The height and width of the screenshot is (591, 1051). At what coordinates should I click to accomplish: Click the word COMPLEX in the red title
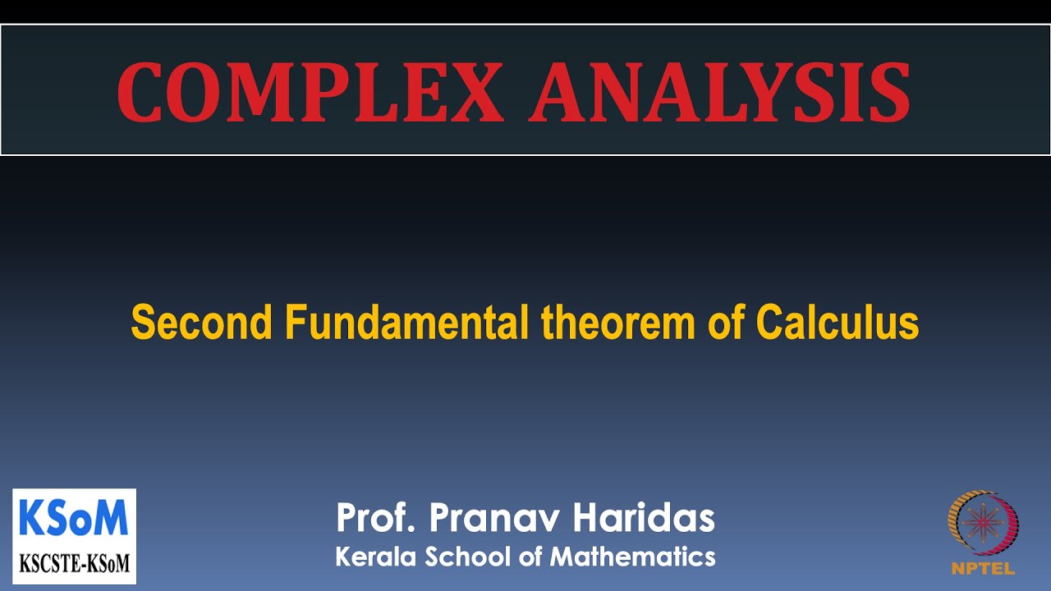click(310, 91)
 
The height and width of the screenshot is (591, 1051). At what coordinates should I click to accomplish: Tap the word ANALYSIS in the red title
click(719, 91)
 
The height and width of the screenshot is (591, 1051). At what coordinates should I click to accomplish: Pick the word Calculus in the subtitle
click(837, 323)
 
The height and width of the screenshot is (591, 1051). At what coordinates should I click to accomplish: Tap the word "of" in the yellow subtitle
click(727, 323)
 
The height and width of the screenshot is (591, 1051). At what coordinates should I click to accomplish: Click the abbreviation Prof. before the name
click(377, 519)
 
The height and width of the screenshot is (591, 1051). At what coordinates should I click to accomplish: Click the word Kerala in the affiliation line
click(375, 557)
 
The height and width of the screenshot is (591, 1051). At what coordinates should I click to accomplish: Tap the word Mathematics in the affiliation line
click(633, 557)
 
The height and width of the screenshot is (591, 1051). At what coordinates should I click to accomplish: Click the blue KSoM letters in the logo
click(74, 519)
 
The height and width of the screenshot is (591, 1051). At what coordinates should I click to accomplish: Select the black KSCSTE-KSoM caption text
click(74, 564)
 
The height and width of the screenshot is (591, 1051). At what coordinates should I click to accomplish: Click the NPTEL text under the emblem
click(983, 568)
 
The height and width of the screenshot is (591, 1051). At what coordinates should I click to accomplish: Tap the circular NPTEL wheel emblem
click(983, 524)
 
